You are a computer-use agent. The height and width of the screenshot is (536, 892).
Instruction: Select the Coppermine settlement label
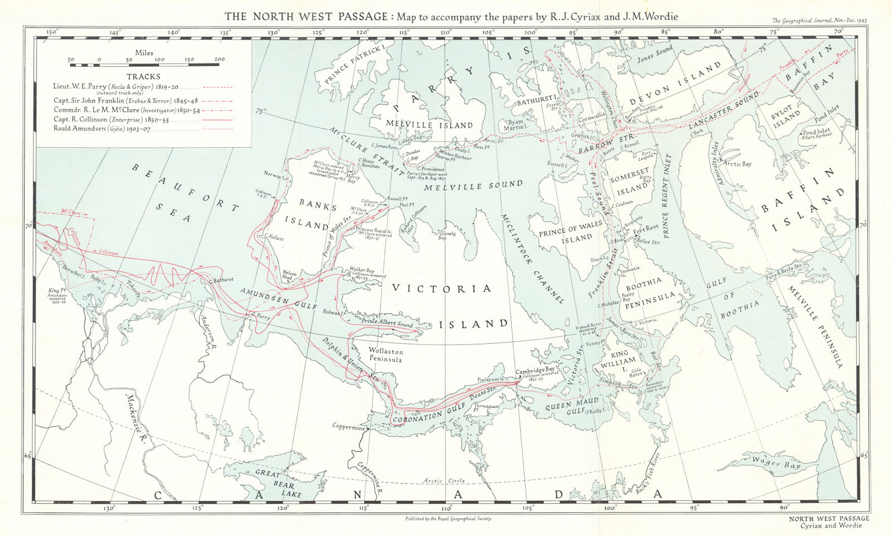coord(348,428)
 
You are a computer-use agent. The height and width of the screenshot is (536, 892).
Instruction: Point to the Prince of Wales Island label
coord(571,231)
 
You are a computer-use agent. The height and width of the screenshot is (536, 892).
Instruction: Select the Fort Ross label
coord(646,228)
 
